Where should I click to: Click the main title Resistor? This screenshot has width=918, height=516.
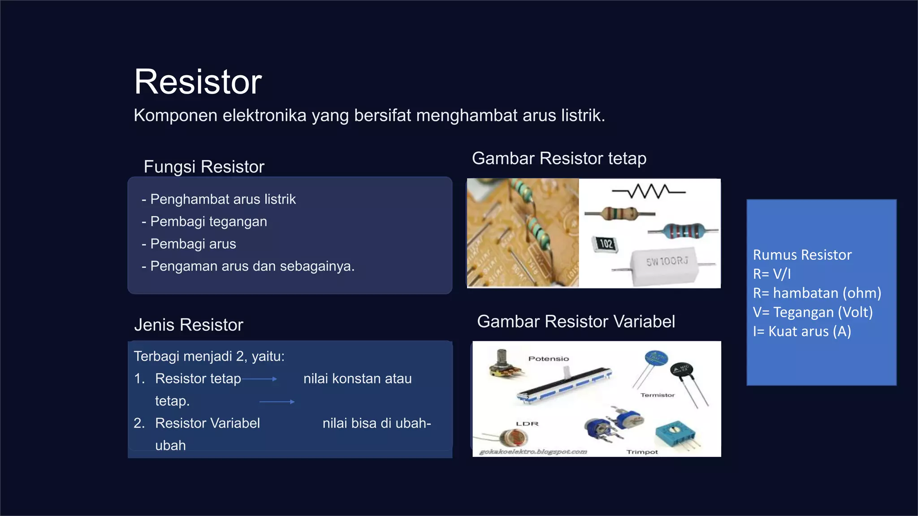click(198, 82)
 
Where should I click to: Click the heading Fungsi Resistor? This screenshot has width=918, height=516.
click(204, 167)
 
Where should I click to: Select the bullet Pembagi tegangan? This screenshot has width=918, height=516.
click(208, 221)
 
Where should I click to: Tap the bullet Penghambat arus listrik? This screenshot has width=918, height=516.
click(223, 199)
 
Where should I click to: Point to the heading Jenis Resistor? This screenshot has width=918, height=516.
click(189, 325)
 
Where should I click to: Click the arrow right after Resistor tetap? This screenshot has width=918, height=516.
click(260, 379)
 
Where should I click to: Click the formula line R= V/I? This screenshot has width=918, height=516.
click(772, 274)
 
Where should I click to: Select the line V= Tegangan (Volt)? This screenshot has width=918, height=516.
click(813, 312)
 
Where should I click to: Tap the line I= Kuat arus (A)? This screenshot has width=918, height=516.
click(802, 331)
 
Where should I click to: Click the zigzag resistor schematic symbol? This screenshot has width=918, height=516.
click(649, 192)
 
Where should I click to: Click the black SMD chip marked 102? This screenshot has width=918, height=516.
click(605, 244)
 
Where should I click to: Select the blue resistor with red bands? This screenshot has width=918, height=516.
click(683, 231)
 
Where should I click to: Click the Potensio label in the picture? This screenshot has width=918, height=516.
click(548, 359)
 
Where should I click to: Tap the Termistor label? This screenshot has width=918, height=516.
click(657, 395)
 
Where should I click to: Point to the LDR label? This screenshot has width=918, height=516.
click(527, 424)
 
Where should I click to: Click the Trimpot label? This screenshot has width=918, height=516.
click(642, 452)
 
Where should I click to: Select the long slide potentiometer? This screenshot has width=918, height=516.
click(564, 384)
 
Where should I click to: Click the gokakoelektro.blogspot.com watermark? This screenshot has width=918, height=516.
click(533, 451)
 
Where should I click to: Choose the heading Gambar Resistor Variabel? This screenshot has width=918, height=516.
click(576, 322)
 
